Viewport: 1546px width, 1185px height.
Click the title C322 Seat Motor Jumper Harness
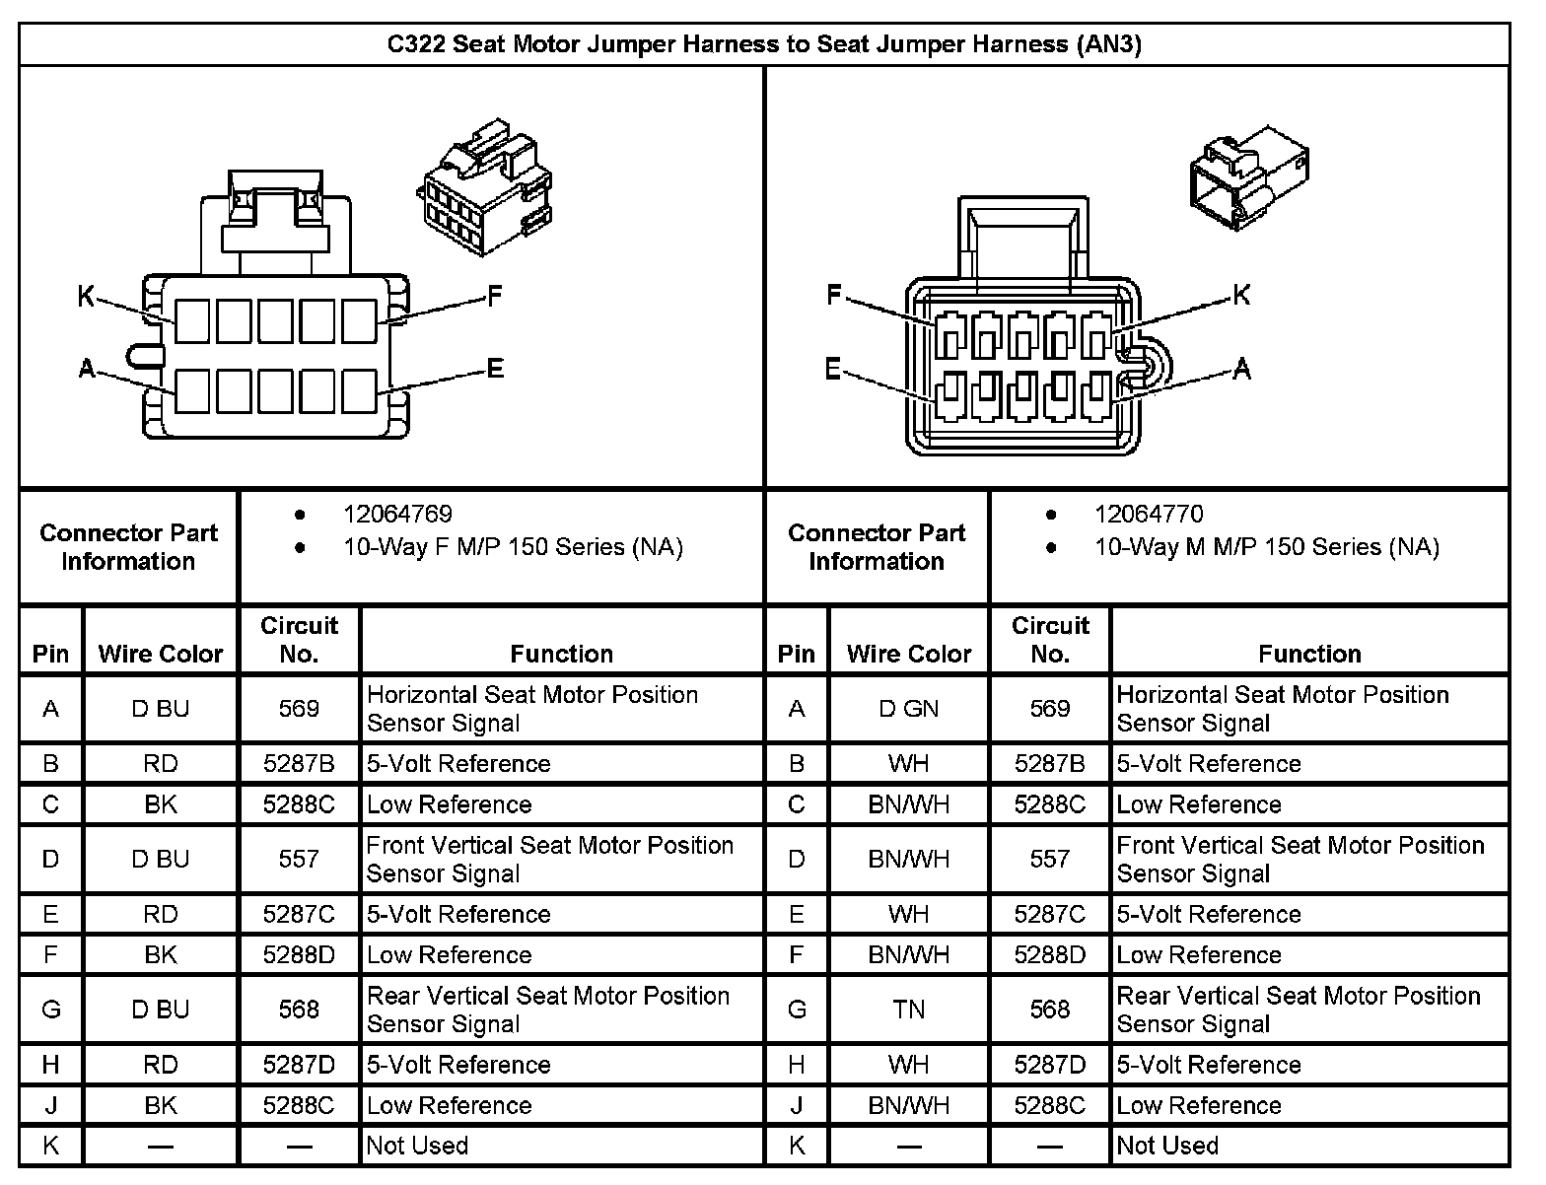(x=764, y=44)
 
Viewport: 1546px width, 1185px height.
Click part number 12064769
(x=397, y=514)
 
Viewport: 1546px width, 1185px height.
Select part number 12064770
(x=1149, y=514)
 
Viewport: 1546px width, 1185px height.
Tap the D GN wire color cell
(x=908, y=709)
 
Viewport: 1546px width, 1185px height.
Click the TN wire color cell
(x=908, y=1010)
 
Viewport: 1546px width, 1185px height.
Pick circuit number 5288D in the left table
(x=299, y=954)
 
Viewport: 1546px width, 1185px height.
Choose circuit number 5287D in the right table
(x=1050, y=1065)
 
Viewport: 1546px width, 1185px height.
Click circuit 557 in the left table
(x=299, y=859)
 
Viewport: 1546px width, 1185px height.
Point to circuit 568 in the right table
(x=1050, y=1010)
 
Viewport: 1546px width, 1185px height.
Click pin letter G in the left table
(x=51, y=1010)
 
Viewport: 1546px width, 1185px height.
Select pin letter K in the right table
(x=797, y=1146)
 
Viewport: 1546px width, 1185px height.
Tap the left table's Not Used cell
(x=417, y=1146)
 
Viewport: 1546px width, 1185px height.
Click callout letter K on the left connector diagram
(x=87, y=296)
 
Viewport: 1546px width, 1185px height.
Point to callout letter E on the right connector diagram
(x=833, y=370)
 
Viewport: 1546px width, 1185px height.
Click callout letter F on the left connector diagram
(x=495, y=296)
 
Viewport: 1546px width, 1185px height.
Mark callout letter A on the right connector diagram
(x=1241, y=370)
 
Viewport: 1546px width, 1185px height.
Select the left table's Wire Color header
(x=161, y=654)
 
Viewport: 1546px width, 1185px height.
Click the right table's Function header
(x=1309, y=654)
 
